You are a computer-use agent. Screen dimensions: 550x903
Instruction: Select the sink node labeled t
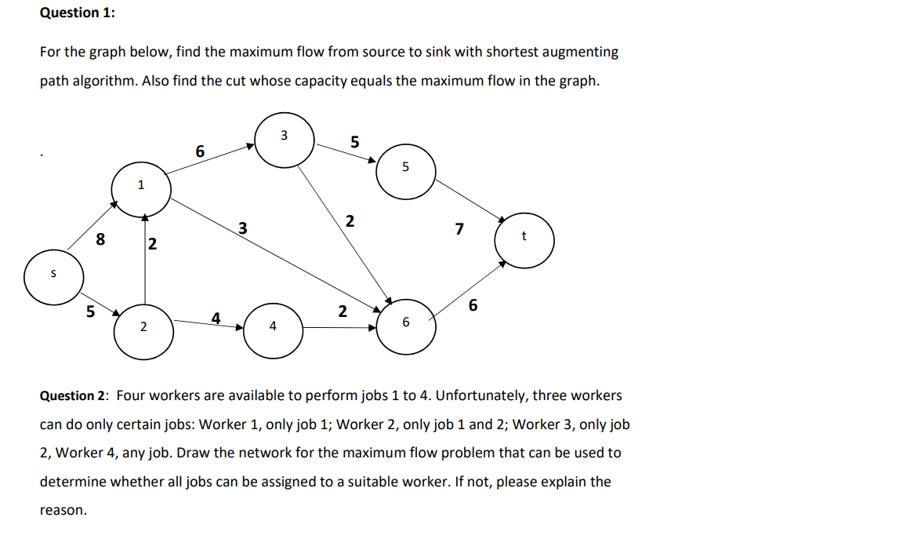pos(524,239)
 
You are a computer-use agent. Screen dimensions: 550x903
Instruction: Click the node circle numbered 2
pos(143,330)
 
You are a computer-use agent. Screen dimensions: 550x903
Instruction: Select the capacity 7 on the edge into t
pos(459,230)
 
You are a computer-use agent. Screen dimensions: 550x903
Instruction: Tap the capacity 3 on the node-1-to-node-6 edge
pos(243,229)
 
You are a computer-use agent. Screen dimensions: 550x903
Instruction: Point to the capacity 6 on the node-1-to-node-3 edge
pos(200,151)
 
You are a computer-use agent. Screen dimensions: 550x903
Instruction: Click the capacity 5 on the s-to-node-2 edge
pos(90,311)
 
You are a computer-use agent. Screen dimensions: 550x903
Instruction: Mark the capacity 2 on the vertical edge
pos(152,246)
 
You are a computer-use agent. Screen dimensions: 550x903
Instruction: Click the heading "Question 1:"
pos(69,13)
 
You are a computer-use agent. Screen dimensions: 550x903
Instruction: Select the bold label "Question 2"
pos(74,395)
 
